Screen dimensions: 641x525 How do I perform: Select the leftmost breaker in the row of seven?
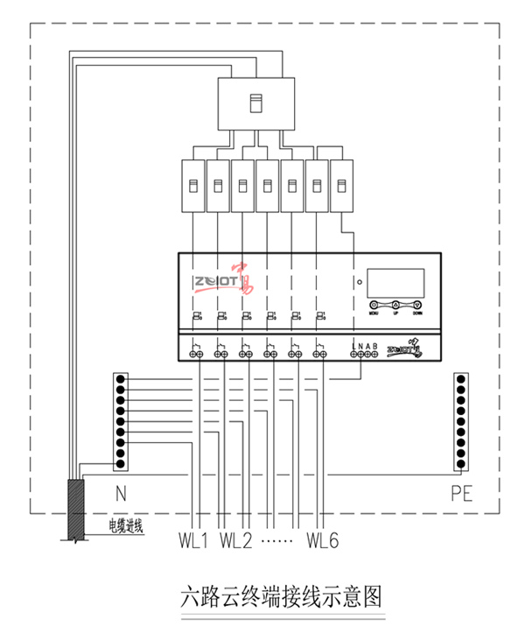click(x=192, y=186)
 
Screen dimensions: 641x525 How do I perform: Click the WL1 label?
click(x=192, y=539)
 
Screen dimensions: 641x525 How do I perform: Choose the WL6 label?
click(x=322, y=539)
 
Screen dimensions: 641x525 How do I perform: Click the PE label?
click(x=462, y=493)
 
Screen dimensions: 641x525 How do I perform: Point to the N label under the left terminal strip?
click(x=120, y=493)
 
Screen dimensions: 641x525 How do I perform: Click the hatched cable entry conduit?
click(x=75, y=509)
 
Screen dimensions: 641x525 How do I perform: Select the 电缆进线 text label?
click(x=124, y=525)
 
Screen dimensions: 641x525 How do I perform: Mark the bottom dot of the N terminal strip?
click(x=122, y=464)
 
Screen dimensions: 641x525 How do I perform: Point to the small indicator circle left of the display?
click(x=359, y=281)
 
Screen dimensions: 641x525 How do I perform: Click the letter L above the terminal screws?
click(x=353, y=346)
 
